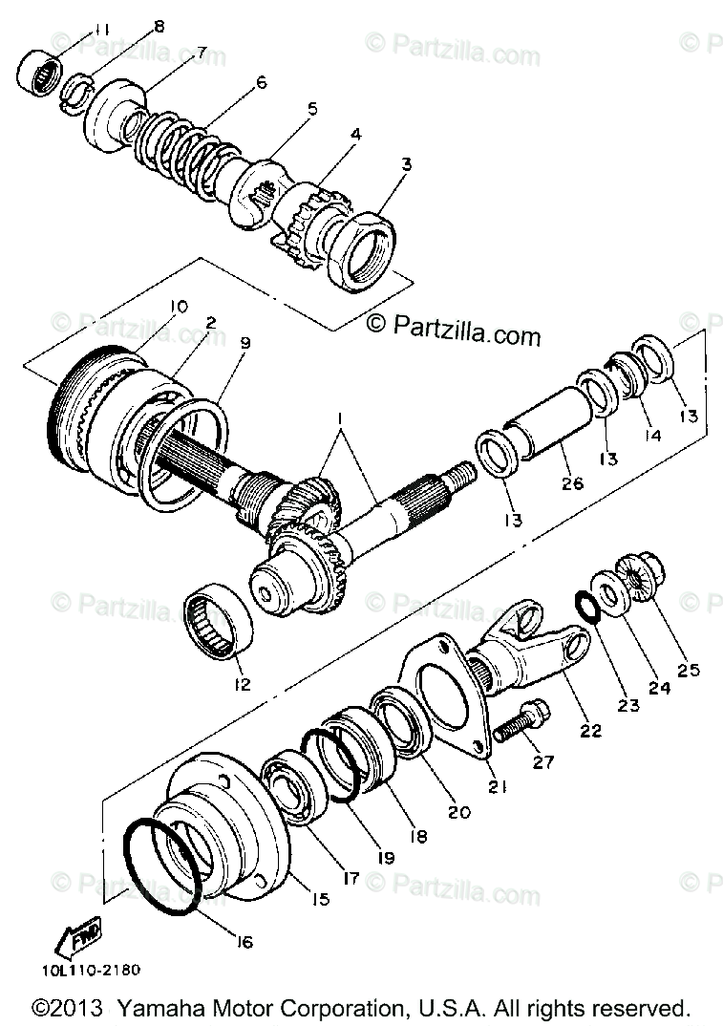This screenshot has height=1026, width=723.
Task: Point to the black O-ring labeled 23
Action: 584,604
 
